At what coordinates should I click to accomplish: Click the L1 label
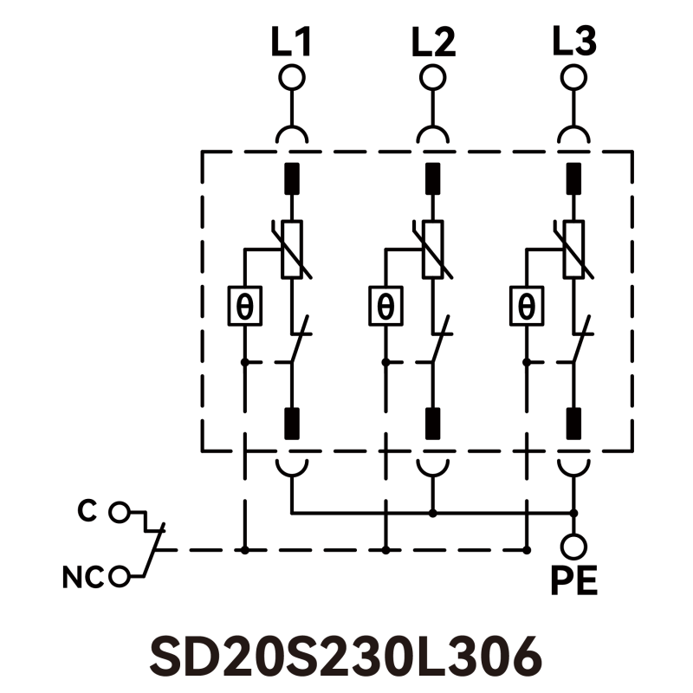[x=291, y=43]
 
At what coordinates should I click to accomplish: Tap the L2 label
[x=432, y=43]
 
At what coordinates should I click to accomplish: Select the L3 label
[x=573, y=43]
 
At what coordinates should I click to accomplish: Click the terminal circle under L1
[x=291, y=78]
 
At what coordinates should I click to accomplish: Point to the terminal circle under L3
[x=573, y=78]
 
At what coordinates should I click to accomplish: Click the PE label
[x=573, y=581]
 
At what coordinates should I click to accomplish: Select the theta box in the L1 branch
[x=245, y=306]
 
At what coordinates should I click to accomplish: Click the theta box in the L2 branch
[x=385, y=306]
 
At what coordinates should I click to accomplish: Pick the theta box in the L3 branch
[x=526, y=306]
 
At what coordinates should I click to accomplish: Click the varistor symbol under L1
[x=292, y=249]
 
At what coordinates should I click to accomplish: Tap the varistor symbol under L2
[x=432, y=249]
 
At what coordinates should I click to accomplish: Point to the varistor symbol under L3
[x=573, y=249]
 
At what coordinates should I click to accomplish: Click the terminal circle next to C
[x=119, y=513]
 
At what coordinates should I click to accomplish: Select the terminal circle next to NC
[x=120, y=575]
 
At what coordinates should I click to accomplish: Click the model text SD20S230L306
[x=346, y=657]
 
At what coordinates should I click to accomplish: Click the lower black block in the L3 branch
[x=573, y=423]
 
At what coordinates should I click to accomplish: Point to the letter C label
[x=86, y=511]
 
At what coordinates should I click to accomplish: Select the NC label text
[x=83, y=576]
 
